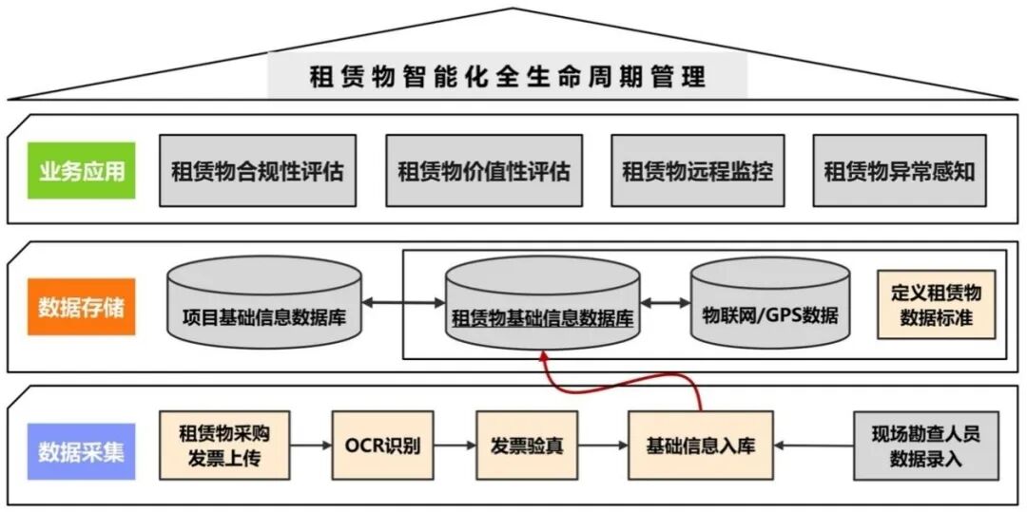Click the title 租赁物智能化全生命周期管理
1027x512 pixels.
click(x=508, y=77)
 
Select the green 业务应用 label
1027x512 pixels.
click(x=82, y=172)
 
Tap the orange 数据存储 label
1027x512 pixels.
click(x=82, y=308)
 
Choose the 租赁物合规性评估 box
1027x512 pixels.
click(x=258, y=172)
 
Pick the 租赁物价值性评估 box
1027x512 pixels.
click(x=484, y=172)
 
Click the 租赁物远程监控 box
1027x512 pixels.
click(x=698, y=172)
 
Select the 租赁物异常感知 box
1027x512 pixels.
click(x=900, y=172)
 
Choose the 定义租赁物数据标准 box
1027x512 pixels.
click(x=936, y=305)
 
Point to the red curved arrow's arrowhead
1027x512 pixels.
click(x=544, y=357)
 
